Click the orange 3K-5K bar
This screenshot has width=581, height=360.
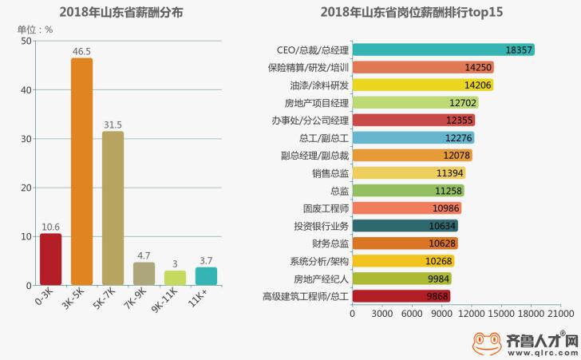point(82,172)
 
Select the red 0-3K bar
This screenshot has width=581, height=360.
point(51,259)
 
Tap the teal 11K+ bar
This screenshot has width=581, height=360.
point(206,276)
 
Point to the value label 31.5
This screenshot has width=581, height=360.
point(113,125)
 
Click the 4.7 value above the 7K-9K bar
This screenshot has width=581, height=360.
point(144,255)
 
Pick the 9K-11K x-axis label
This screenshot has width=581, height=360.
point(165,300)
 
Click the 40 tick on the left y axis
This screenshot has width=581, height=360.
point(26,90)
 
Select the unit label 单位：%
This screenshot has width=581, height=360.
point(35,30)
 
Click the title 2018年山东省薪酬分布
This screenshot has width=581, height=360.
point(121,12)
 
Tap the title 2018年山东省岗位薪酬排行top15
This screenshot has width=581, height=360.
point(412,12)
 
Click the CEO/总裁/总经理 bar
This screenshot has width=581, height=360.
point(443,49)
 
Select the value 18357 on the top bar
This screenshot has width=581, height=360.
point(519,50)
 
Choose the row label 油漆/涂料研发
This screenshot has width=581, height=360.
point(319,85)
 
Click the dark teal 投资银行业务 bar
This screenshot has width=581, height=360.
point(405,226)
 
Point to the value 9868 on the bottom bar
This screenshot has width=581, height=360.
point(437,296)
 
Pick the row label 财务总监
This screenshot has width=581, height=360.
point(330,243)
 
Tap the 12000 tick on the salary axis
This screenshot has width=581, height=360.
point(471,314)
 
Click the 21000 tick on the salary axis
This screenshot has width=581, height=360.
point(560,314)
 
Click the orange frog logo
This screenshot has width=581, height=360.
point(487,343)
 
